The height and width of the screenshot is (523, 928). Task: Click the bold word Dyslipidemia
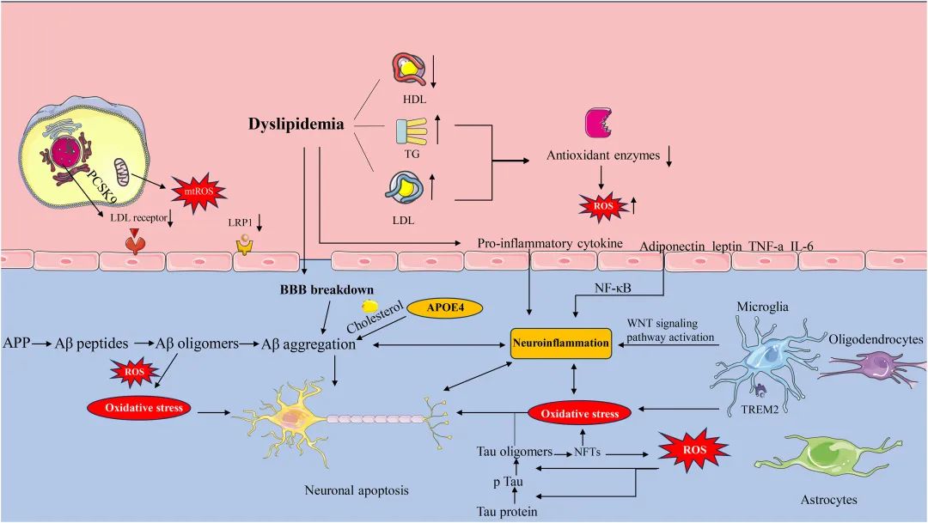297,125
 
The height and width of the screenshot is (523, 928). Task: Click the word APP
15,344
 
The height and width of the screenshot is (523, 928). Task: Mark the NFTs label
587,451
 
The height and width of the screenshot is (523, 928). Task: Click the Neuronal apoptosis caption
357,491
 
